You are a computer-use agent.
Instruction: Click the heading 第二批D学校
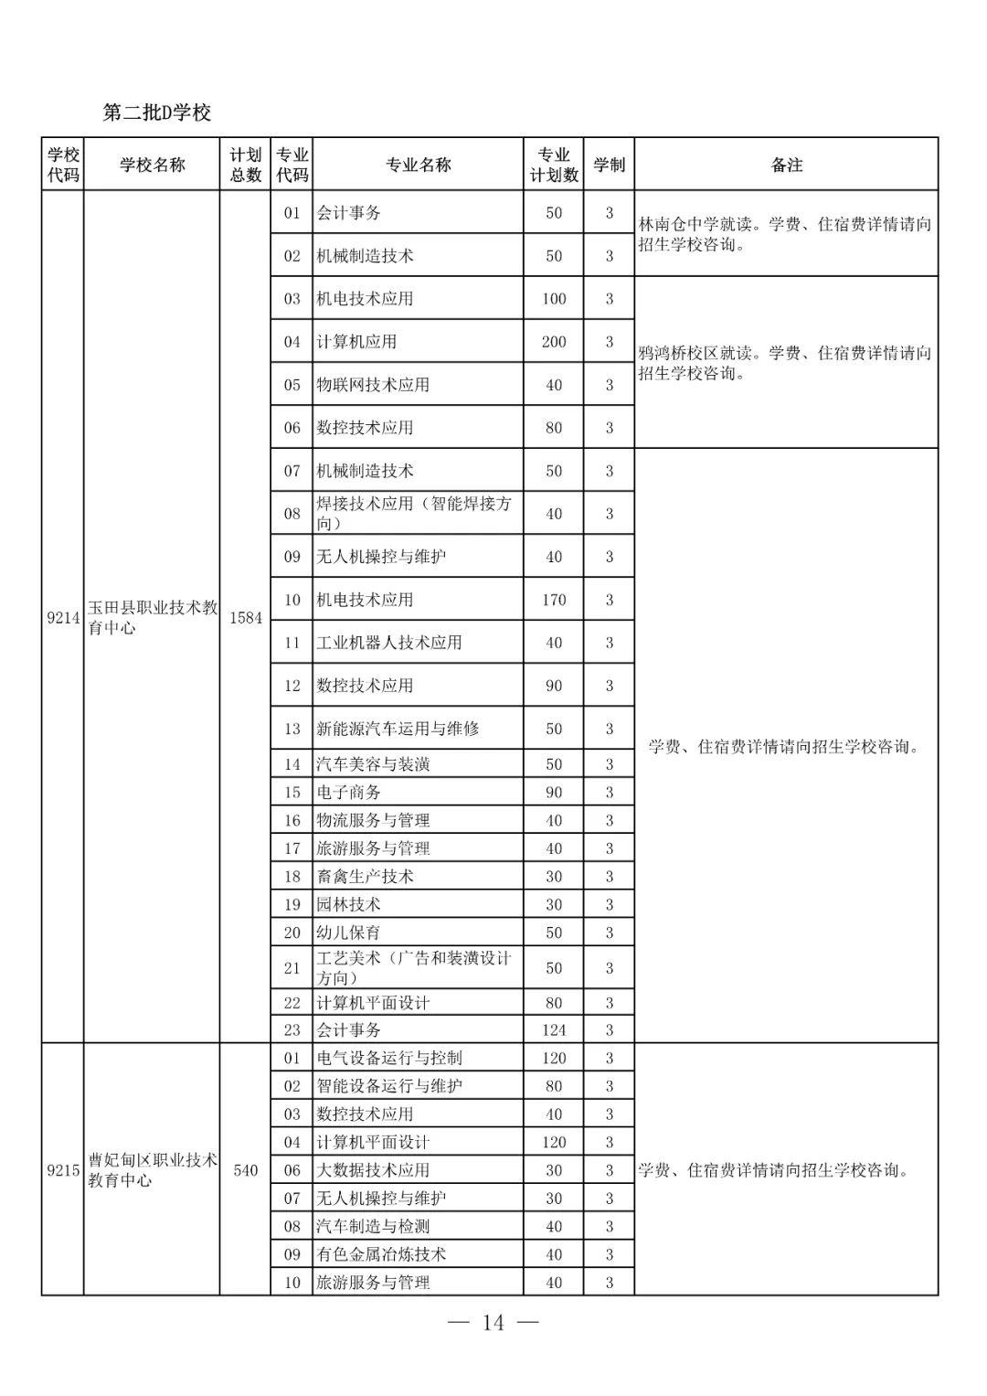[x=156, y=112]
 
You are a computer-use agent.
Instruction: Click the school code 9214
[x=63, y=617]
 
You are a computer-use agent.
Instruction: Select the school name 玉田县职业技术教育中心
[x=152, y=617]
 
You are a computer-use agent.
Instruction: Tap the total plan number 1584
[x=245, y=617]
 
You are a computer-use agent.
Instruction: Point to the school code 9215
[x=63, y=1170]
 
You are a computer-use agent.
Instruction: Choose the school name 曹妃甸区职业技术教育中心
[x=152, y=1170]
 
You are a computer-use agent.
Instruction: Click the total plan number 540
[x=245, y=1170]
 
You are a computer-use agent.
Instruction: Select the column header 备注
[x=786, y=165]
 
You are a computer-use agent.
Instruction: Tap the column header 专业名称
[x=418, y=165]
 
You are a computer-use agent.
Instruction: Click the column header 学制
[x=609, y=165]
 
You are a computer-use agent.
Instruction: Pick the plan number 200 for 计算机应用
[x=554, y=342]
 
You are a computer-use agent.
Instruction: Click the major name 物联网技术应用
[x=373, y=385]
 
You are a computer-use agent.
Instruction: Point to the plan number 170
[x=554, y=600]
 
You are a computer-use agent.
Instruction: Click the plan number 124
[x=554, y=1030]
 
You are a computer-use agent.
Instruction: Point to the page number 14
[x=493, y=1323]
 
